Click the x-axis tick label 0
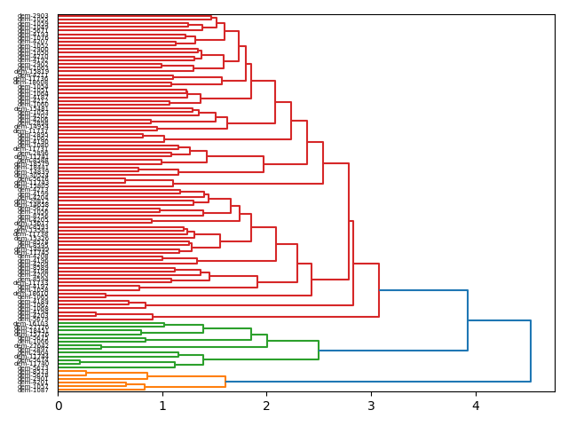coord(58,406)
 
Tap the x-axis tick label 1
coord(162,406)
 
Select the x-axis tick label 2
coord(266,406)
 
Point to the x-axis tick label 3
coord(371,406)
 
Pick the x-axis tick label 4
coord(476,406)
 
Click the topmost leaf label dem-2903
coord(34,16)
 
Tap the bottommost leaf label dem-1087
coord(34,390)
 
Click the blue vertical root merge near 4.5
coord(531,351)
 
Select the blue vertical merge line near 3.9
coord(468,320)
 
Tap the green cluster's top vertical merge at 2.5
coord(319,351)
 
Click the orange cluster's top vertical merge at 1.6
coord(225,382)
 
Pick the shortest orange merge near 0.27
coord(86,374)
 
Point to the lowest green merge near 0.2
coord(80,362)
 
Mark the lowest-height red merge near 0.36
coord(96,313)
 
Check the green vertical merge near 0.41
coord(101,347)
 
